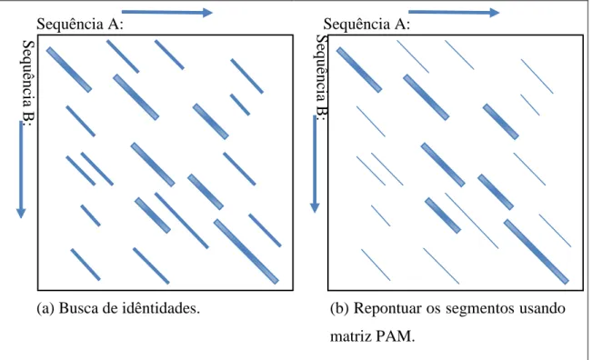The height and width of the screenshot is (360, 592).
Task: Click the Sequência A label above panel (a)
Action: pos(80,25)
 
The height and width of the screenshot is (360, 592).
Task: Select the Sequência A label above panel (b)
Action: pos(366,25)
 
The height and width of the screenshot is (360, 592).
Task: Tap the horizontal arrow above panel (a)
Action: pos(167,13)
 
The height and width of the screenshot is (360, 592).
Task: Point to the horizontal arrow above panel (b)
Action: pos(454,13)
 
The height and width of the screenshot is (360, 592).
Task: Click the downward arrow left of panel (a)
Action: pos(21,169)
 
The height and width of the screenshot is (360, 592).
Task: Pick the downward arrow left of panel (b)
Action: pos(315,165)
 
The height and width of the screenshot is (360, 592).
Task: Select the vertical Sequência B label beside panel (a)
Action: pos(28,82)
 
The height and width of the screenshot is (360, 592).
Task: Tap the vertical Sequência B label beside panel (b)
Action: pos(321,77)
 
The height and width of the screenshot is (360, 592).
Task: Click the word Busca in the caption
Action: pos(75,308)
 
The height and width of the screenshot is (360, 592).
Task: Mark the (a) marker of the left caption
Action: pos(45,309)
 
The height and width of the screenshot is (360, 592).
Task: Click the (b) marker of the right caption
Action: pos(339,309)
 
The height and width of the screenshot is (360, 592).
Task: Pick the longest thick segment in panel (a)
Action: pos(246,251)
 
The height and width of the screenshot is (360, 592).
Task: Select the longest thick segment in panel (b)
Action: pos(537,251)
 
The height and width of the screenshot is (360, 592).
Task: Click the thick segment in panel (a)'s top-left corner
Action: pos(69,69)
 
